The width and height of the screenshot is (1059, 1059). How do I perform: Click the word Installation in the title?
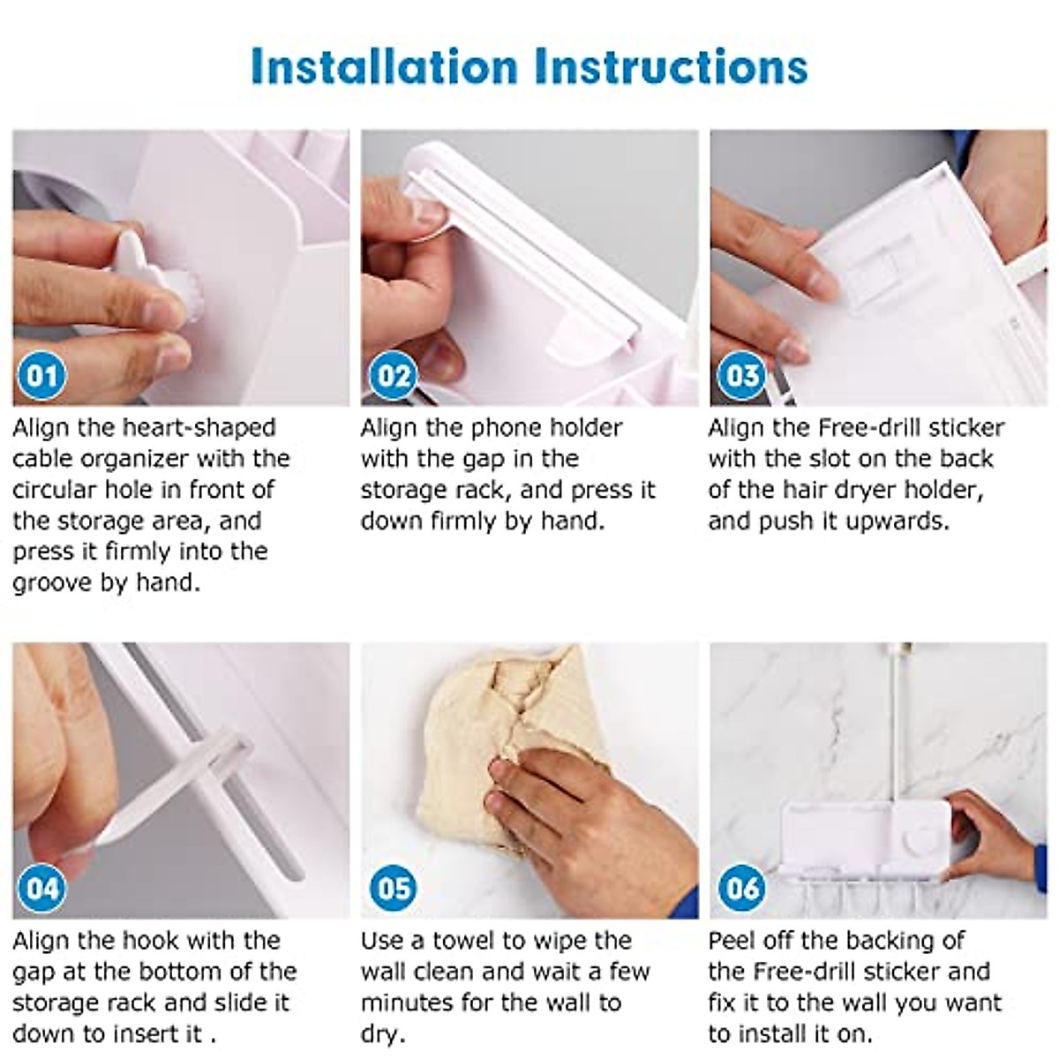tap(384, 67)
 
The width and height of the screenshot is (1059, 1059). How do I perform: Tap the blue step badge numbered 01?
tap(42, 376)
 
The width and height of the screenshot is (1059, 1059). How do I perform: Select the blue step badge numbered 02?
tap(394, 376)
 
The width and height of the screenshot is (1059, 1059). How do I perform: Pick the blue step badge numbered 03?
tap(742, 376)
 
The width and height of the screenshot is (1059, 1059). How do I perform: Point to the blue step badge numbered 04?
tap(42, 889)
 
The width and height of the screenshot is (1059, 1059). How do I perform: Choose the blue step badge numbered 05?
tap(394, 889)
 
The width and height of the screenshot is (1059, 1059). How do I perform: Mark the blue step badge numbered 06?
tap(742, 889)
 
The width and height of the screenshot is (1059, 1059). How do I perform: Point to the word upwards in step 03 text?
tap(898, 521)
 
